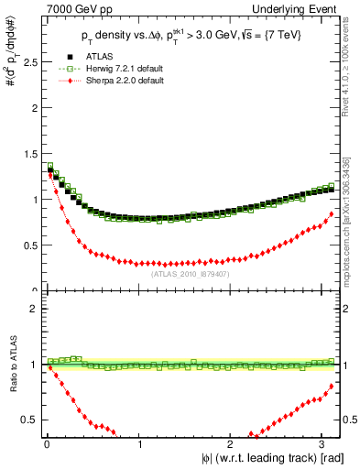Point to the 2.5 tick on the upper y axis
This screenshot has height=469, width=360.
[x=28, y=61]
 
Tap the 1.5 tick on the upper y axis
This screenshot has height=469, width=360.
[x=28, y=153]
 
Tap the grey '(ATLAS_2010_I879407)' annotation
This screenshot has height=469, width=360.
[x=190, y=272]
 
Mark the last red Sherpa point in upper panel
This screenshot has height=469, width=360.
[x=332, y=213]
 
